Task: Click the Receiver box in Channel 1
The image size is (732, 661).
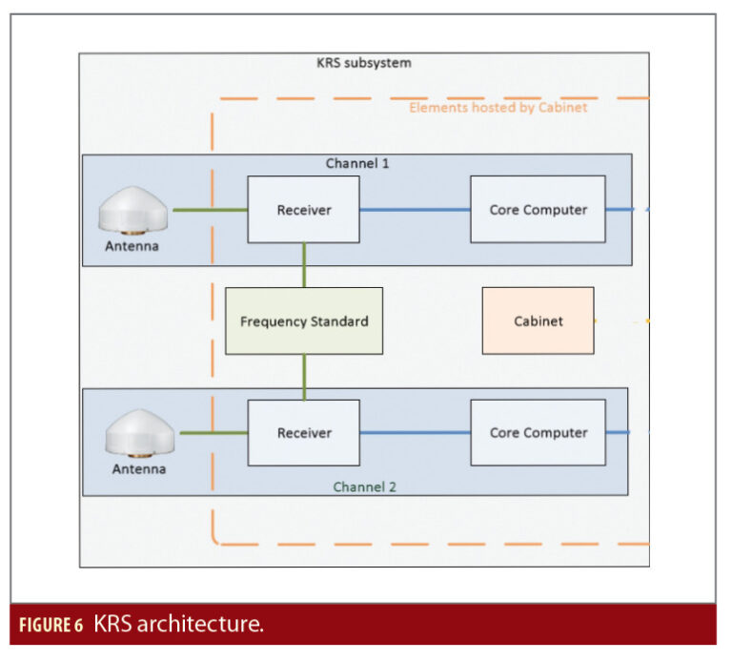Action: pyautogui.click(x=303, y=209)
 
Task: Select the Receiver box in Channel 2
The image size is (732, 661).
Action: pyautogui.click(x=303, y=432)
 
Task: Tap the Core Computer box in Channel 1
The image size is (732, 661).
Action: pyautogui.click(x=538, y=209)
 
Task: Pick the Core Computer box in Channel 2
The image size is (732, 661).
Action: pyautogui.click(x=538, y=432)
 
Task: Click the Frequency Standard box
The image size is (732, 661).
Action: pyautogui.click(x=304, y=321)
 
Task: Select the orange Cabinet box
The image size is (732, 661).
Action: pyautogui.click(x=538, y=321)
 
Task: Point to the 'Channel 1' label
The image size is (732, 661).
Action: pyautogui.click(x=357, y=163)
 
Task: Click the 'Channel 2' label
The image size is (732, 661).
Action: pyautogui.click(x=364, y=486)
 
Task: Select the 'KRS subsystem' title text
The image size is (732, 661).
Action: pyautogui.click(x=363, y=63)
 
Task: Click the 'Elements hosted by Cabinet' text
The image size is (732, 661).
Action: pyautogui.click(x=498, y=108)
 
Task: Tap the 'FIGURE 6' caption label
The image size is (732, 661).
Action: pyautogui.click(x=52, y=626)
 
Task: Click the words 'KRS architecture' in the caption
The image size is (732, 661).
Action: pyautogui.click(x=178, y=625)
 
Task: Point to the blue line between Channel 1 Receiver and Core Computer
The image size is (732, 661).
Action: pyautogui.click(x=415, y=209)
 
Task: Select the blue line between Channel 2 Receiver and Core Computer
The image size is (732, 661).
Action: pyautogui.click(x=415, y=432)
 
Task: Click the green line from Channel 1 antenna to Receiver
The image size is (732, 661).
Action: pyautogui.click(x=209, y=209)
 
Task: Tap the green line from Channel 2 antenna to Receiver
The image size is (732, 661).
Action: pyautogui.click(x=213, y=432)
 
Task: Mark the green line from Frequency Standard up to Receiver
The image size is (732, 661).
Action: pyautogui.click(x=304, y=265)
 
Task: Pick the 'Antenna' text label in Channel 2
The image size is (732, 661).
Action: pyautogui.click(x=139, y=468)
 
